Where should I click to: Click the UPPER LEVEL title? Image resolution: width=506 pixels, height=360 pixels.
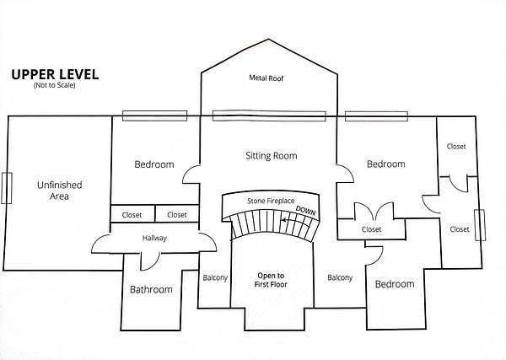[55, 74]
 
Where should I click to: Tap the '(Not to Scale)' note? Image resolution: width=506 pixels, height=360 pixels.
[55, 86]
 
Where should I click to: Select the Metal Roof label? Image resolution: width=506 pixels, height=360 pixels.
[269, 78]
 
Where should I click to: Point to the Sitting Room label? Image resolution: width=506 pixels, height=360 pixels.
[271, 156]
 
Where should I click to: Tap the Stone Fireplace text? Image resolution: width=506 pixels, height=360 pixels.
[270, 201]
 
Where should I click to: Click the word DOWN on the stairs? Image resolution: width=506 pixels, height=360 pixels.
[304, 211]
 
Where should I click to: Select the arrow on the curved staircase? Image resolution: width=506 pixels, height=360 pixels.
[291, 223]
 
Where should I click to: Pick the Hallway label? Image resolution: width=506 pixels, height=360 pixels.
[154, 239]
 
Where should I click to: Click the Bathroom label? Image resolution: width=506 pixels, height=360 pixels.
[151, 290]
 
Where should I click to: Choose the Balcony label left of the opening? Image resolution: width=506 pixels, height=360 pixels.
[214, 277]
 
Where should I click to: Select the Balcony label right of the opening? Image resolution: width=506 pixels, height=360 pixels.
[339, 277]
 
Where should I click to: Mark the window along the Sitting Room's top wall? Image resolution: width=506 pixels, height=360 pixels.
[268, 116]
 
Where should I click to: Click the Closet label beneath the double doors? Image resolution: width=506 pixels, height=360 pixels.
[371, 229]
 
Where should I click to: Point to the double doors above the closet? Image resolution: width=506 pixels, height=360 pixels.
[371, 211]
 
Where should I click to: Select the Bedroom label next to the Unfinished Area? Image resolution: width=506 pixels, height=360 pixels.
[154, 164]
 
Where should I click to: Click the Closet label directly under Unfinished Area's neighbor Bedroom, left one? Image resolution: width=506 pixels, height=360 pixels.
[132, 215]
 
